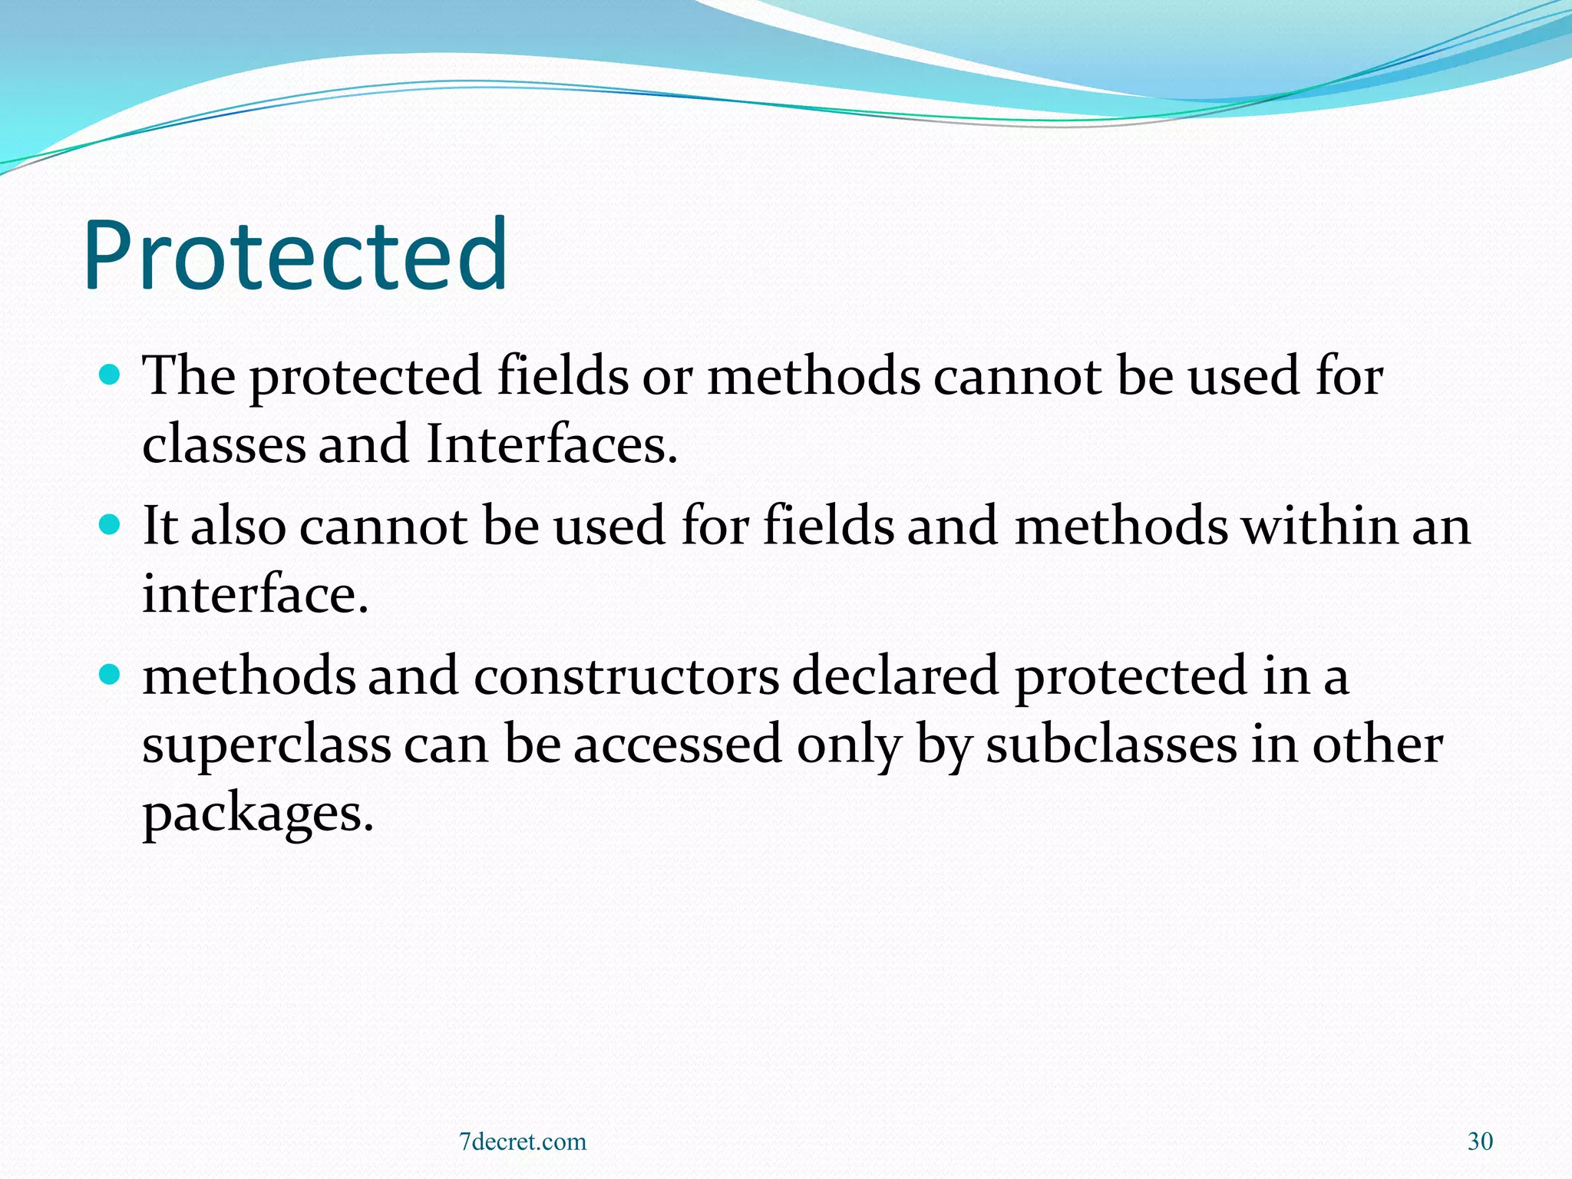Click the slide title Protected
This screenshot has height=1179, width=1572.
click(x=296, y=257)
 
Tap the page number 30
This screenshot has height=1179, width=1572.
click(x=1480, y=1141)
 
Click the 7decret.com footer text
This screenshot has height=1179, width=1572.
click(x=523, y=1141)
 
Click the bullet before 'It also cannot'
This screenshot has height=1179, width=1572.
click(x=111, y=525)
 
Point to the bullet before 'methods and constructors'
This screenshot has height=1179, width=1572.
click(x=111, y=675)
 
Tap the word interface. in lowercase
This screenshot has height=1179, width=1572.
click(x=256, y=594)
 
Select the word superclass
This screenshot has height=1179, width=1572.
click(x=266, y=745)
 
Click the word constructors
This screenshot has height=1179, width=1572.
click(x=626, y=675)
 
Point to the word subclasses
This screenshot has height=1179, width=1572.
click(x=1111, y=745)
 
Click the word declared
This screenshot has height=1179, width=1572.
click(x=895, y=675)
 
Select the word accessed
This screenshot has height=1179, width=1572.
click(x=678, y=745)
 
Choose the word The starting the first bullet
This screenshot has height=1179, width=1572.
click(x=189, y=375)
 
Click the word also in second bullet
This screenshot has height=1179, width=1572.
click(x=238, y=526)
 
